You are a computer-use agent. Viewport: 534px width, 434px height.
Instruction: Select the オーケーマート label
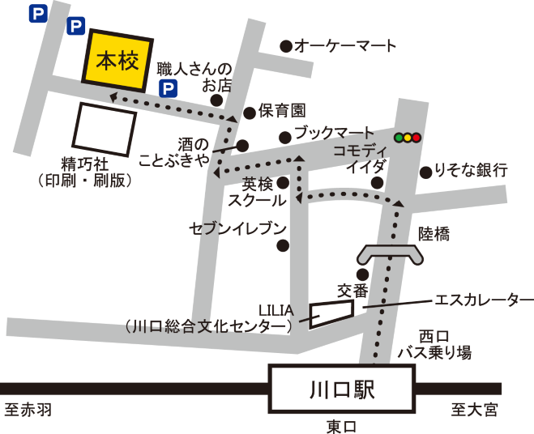(345, 46)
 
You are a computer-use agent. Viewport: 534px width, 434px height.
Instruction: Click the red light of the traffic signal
(417, 138)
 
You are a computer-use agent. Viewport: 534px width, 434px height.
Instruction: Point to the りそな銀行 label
(471, 170)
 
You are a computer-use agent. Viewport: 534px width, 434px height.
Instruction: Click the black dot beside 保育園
(250, 113)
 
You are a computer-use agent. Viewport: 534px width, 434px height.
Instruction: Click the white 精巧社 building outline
(106, 130)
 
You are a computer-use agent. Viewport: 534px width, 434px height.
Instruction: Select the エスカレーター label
(485, 300)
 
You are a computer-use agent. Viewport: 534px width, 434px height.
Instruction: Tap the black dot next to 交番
(362, 274)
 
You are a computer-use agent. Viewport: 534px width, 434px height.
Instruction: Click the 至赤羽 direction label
(28, 411)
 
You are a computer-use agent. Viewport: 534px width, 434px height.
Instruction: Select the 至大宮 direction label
(474, 411)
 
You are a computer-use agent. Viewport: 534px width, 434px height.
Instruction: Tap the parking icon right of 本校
(168, 88)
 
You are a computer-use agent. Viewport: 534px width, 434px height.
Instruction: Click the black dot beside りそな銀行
(425, 172)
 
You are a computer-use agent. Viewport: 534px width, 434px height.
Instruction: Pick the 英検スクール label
(257, 192)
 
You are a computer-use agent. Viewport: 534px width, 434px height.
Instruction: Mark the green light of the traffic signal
(398, 138)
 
